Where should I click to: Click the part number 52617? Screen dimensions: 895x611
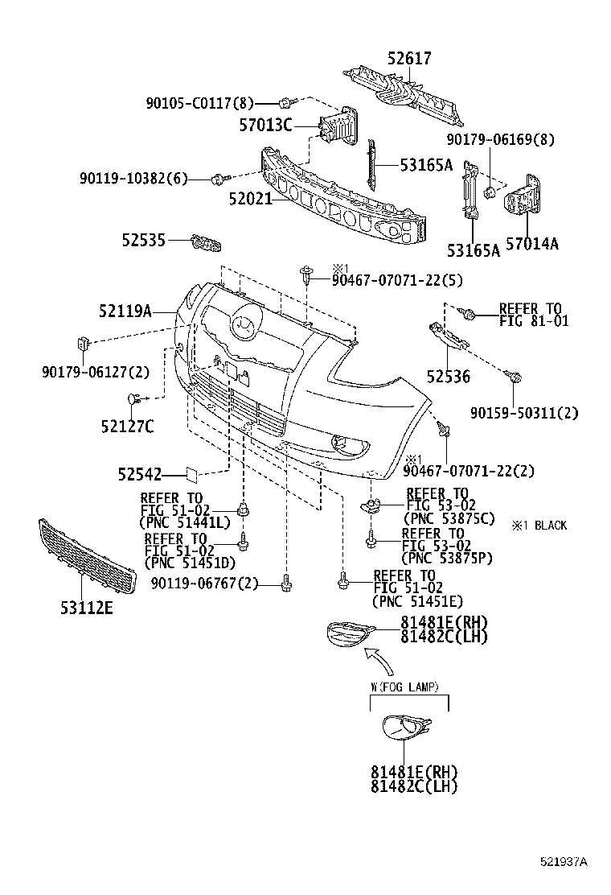pos(408,59)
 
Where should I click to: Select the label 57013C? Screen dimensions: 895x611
pos(265,125)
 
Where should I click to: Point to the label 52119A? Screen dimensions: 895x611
pos(125,310)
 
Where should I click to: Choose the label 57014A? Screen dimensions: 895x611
pos(530,243)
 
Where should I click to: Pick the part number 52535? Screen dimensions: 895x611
pos(144,240)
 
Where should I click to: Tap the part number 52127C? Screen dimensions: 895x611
pos(127,426)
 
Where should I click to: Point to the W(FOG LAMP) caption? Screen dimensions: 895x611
pos(404,687)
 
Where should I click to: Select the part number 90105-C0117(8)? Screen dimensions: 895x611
pos(199,103)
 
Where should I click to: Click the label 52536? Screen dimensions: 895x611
pos(448,377)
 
